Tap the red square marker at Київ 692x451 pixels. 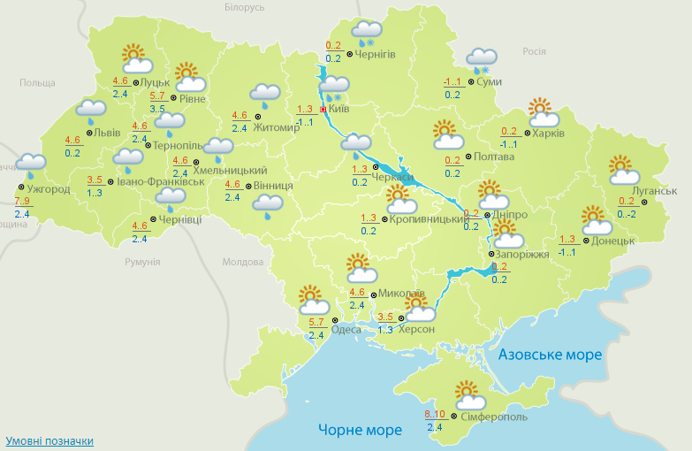(x=324, y=109)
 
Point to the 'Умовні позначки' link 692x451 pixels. (x=49, y=440)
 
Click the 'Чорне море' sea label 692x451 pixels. (x=360, y=430)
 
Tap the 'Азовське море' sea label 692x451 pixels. (x=550, y=355)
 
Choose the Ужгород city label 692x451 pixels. (x=49, y=189)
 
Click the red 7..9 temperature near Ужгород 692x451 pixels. (x=22, y=203)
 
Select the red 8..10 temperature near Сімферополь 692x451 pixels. (x=434, y=415)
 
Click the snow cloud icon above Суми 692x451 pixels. (x=481, y=60)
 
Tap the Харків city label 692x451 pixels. (x=549, y=134)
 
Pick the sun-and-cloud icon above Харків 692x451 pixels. (x=544, y=112)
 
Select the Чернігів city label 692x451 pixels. (x=375, y=55)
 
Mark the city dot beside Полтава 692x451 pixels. (x=468, y=157)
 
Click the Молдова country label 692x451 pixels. (x=243, y=263)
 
